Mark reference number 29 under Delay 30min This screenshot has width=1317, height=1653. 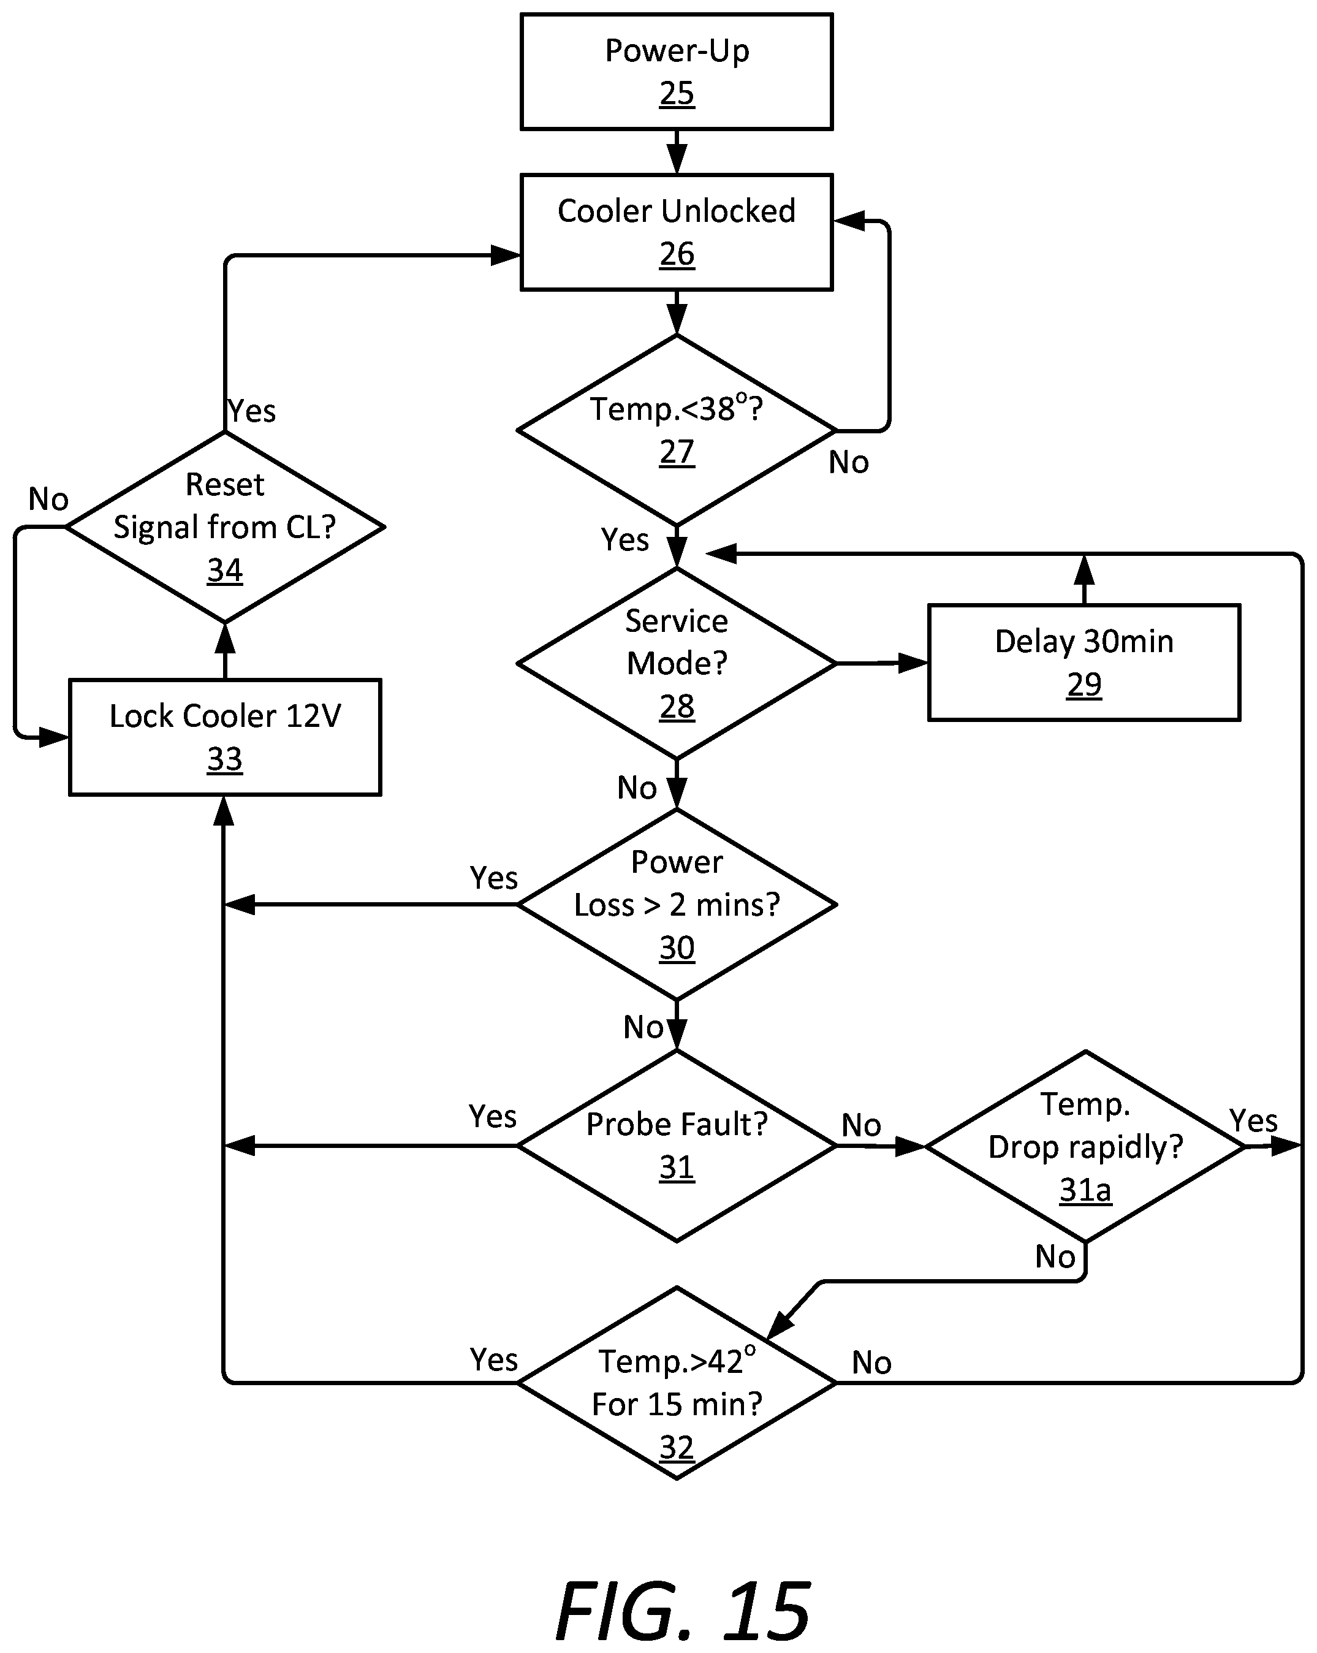(1084, 684)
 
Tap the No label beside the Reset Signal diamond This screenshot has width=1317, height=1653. (48, 499)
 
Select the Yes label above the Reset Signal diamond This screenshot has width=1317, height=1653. (251, 411)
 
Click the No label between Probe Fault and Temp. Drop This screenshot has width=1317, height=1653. (861, 1125)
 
